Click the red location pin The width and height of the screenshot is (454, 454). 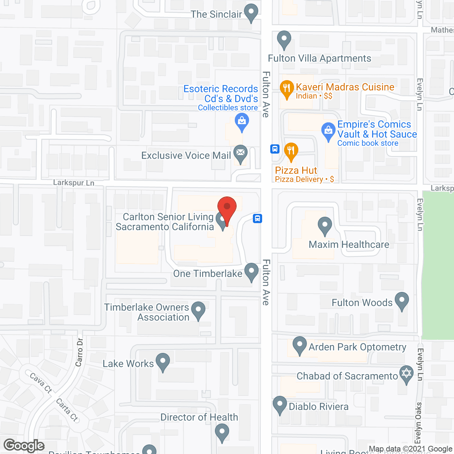227,207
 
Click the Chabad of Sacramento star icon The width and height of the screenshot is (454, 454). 406,374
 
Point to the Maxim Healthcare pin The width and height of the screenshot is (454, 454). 325,226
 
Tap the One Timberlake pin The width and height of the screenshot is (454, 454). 251,272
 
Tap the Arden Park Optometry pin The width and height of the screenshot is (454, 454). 300,345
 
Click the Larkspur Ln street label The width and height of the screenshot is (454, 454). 73,183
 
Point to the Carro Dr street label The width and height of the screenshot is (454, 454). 79,352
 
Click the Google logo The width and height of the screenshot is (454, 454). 24,445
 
